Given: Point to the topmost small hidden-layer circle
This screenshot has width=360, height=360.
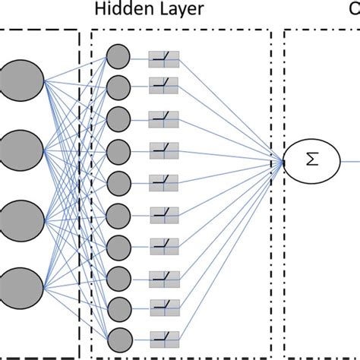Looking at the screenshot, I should pos(118,56).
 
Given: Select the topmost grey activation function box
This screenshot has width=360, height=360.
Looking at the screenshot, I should pos(163,58).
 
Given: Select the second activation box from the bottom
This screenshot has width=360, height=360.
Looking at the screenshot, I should pos(163,308).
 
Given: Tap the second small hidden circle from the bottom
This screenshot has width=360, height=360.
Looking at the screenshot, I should pos(118,308).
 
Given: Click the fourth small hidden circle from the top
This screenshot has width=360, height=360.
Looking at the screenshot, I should pos(118,150).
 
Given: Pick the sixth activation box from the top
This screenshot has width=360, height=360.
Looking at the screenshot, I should pos(163,213).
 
